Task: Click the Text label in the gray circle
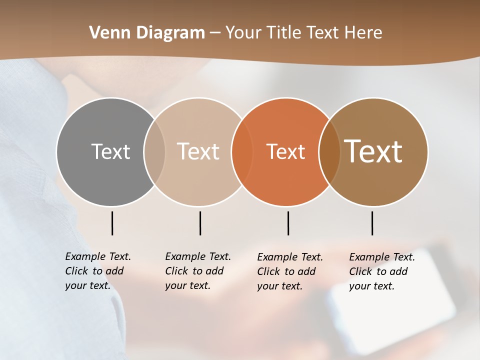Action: coord(110,151)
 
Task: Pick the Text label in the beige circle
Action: coord(198,151)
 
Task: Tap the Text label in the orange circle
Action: coord(285,151)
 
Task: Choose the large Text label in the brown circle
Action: coord(373,151)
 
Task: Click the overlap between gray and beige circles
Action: coord(154,151)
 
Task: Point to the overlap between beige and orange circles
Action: coord(242,151)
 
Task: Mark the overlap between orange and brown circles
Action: coord(329,151)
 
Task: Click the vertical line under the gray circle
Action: coord(112,223)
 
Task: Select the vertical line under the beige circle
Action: coord(200,223)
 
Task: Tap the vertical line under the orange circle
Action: coord(288,223)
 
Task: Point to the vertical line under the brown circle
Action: coord(372,223)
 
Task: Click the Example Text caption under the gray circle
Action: coord(97,271)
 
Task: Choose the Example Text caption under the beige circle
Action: coord(197,271)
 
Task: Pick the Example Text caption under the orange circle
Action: coord(289,271)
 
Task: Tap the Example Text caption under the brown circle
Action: coord(381,271)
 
